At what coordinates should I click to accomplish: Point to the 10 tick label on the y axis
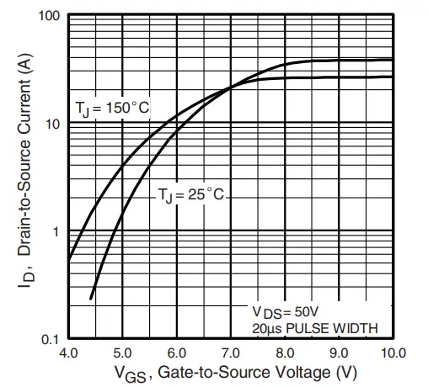(x=52, y=124)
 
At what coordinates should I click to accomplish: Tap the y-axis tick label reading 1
(x=56, y=231)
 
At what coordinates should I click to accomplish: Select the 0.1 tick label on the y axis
(x=50, y=339)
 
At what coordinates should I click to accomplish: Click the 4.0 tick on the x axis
(x=68, y=352)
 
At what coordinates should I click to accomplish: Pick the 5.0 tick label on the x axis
(x=122, y=352)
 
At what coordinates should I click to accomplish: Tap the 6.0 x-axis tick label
(x=176, y=352)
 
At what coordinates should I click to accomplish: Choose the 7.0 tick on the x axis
(x=230, y=352)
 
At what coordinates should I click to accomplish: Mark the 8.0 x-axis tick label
(x=285, y=352)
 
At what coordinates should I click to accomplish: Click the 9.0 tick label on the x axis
(x=339, y=352)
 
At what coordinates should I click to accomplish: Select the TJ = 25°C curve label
(x=191, y=195)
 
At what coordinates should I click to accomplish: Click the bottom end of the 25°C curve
(x=90, y=298)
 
